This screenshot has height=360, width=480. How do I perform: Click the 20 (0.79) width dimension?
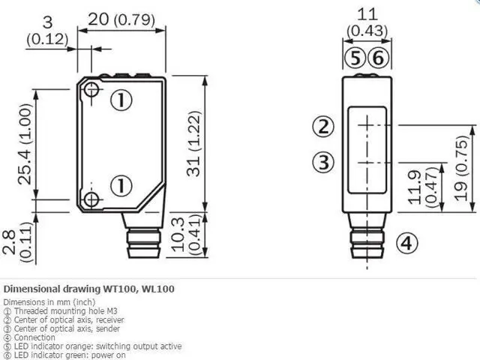tap(121, 19)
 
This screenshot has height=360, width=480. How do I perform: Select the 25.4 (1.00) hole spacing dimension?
tap(25, 144)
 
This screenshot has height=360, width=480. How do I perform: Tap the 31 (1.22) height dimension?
tap(193, 143)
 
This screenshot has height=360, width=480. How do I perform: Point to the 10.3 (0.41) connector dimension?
tap(186, 235)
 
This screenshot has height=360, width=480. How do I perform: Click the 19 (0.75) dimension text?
tap(460, 168)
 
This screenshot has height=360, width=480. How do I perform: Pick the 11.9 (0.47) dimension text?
tap(423, 187)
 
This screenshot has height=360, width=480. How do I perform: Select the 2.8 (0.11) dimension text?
tap(17, 241)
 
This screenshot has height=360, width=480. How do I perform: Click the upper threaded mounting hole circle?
tap(91, 90)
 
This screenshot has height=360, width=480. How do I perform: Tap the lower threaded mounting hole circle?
tap(91, 200)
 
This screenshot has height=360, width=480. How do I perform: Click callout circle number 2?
tap(323, 127)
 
